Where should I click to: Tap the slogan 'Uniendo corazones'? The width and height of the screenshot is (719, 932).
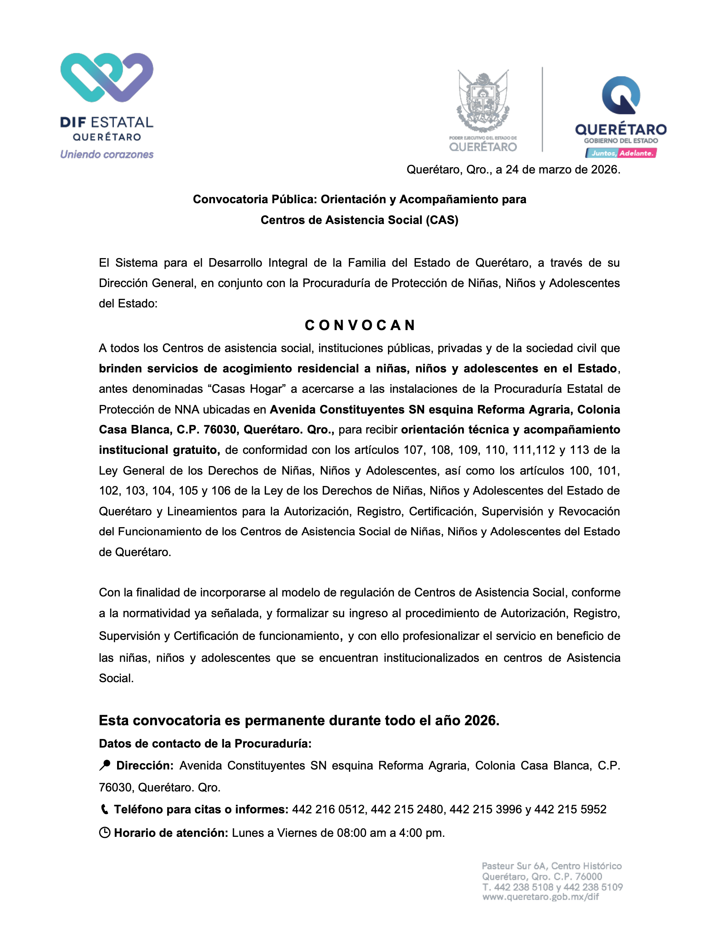point(107,154)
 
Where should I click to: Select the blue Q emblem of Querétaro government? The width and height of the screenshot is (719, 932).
point(621,96)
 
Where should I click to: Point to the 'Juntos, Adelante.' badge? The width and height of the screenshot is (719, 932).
point(621,153)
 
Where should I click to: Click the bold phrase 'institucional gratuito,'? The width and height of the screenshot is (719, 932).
point(159,450)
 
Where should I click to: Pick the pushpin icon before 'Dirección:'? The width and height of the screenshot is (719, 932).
point(105,765)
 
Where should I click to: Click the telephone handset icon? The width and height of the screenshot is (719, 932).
point(104,809)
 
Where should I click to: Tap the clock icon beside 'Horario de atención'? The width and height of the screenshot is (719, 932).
point(105,833)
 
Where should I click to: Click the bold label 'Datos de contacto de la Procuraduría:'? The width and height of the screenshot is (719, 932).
point(205,744)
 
